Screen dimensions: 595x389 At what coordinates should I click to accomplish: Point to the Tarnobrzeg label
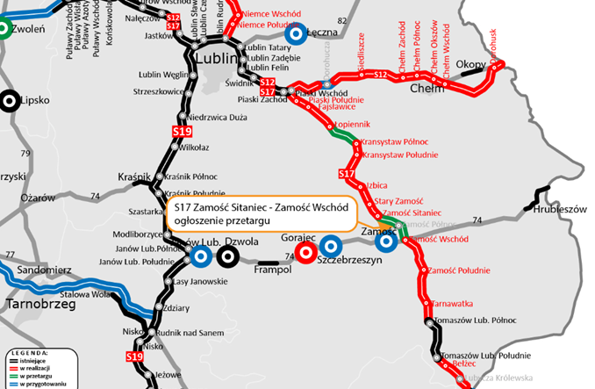34,305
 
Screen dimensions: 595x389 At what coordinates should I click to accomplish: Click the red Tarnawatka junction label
453,304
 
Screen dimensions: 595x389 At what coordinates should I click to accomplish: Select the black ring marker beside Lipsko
10,99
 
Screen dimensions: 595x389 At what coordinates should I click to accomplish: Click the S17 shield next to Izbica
347,175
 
